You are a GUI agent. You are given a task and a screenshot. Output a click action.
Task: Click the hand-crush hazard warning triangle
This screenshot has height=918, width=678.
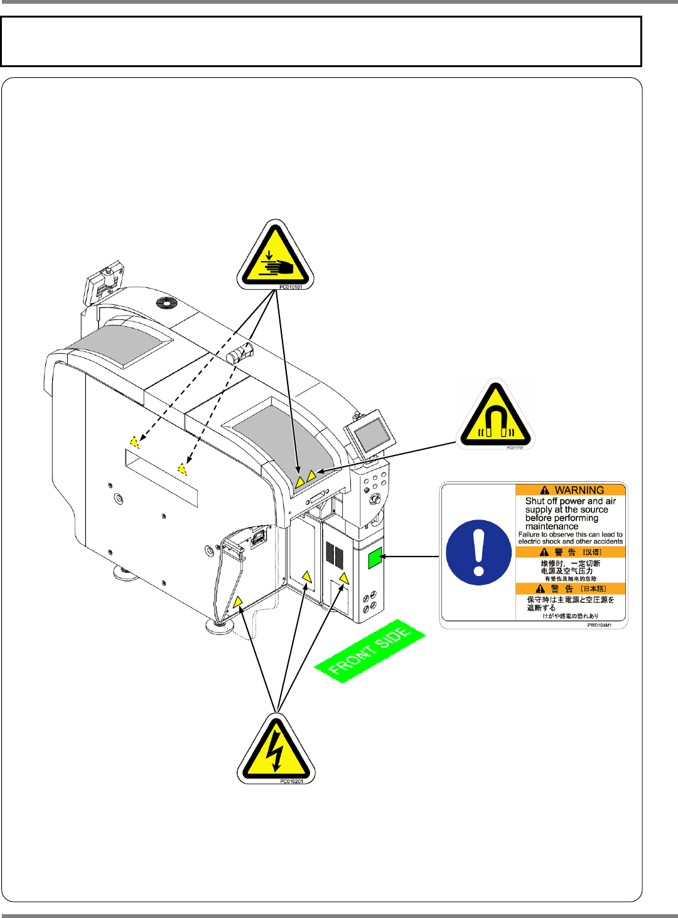pyautogui.click(x=275, y=257)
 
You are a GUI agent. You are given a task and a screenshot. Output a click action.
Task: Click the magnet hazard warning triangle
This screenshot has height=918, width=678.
pyautogui.click(x=495, y=415)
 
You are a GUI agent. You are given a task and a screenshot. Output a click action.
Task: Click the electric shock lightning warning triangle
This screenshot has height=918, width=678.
pyautogui.click(x=275, y=750)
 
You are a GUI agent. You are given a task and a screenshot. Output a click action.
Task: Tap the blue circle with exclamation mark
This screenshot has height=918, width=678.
pyautogui.click(x=478, y=553)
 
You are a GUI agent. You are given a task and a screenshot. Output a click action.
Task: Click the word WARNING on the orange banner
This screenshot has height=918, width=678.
pyautogui.click(x=579, y=490)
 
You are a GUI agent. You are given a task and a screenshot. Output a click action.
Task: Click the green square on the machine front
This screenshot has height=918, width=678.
pyautogui.click(x=375, y=557)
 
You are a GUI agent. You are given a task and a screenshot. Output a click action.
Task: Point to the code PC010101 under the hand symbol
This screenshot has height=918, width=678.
pyautogui.click(x=291, y=287)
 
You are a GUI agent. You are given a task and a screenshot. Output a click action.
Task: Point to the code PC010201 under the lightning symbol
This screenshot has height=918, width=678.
pyautogui.click(x=291, y=781)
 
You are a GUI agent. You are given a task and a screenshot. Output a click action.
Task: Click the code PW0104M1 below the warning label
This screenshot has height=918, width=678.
pyautogui.click(x=599, y=625)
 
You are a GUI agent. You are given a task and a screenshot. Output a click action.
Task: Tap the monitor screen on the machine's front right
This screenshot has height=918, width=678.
pyautogui.click(x=372, y=432)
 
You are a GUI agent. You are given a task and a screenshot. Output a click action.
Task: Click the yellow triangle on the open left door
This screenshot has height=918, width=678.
pyautogui.click(x=237, y=602)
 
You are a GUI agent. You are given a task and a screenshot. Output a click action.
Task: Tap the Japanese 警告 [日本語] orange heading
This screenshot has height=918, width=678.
pyautogui.click(x=571, y=589)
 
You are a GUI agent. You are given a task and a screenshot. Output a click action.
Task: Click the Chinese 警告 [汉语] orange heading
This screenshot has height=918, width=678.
pyautogui.click(x=571, y=552)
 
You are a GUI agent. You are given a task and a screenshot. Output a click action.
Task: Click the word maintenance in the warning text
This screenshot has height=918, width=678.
pyautogui.click(x=552, y=526)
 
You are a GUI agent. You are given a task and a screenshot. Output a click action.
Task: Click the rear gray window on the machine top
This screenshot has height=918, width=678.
pyautogui.click(x=119, y=345)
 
